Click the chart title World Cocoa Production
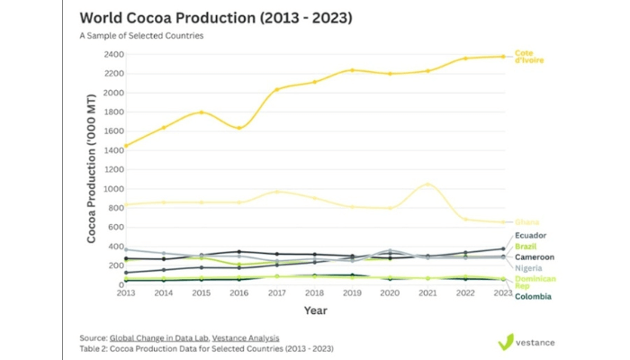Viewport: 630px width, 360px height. (x=215, y=18)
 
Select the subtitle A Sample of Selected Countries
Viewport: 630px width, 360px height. (x=141, y=36)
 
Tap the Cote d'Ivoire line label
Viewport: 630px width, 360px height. (x=528, y=56)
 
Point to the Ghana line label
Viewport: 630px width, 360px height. (x=526, y=222)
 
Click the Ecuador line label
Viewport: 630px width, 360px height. (x=530, y=236)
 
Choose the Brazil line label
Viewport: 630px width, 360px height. (x=526, y=246)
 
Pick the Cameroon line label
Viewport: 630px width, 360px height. (x=534, y=256)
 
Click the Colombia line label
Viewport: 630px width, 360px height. (x=533, y=296)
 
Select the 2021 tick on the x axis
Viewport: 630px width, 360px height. (x=427, y=292)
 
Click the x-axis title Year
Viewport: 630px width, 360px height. (x=315, y=310)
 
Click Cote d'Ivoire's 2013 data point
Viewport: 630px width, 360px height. (x=125, y=146)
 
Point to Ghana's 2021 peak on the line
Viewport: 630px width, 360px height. (x=428, y=184)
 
